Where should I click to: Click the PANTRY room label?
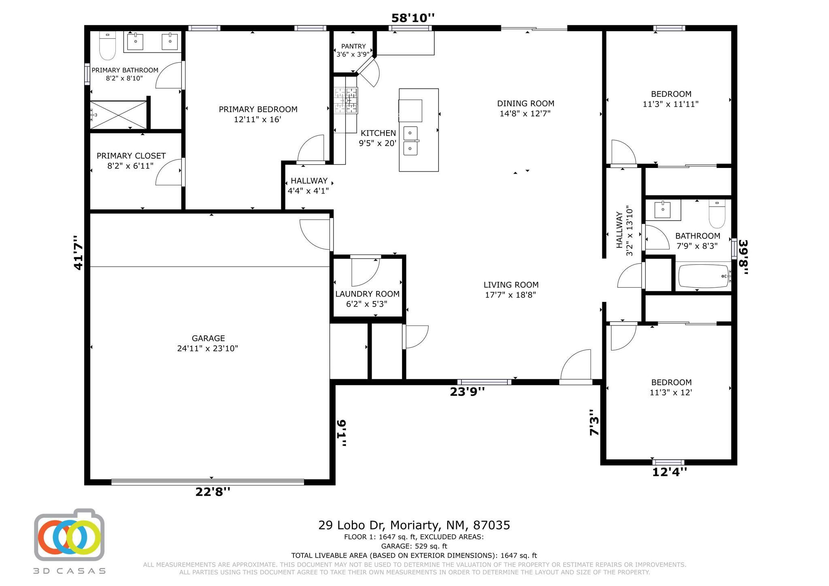pyautogui.click(x=353, y=46)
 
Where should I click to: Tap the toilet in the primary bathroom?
pyautogui.click(x=108, y=45)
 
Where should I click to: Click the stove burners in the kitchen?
pyautogui.click(x=346, y=100)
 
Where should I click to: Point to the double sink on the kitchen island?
pyautogui.click(x=410, y=141)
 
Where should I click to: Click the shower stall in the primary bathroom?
pyautogui.click(x=118, y=115)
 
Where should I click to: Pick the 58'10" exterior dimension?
pyautogui.click(x=413, y=18)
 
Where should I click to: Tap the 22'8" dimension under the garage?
pyautogui.click(x=213, y=492)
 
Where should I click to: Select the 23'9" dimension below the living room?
pyautogui.click(x=468, y=392)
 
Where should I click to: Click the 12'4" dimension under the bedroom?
pyautogui.click(x=670, y=472)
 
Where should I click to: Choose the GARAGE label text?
pyautogui.click(x=208, y=338)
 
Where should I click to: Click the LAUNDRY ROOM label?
pyautogui.click(x=367, y=294)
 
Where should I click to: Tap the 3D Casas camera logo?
pyautogui.click(x=69, y=535)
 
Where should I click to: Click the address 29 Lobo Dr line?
pyautogui.click(x=414, y=525)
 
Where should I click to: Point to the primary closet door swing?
pyautogui.click(x=169, y=172)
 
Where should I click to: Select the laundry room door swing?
pyautogui.click(x=365, y=272)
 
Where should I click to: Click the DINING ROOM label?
pyautogui.click(x=525, y=104)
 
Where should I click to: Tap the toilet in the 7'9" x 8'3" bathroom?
pyautogui.click(x=717, y=214)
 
